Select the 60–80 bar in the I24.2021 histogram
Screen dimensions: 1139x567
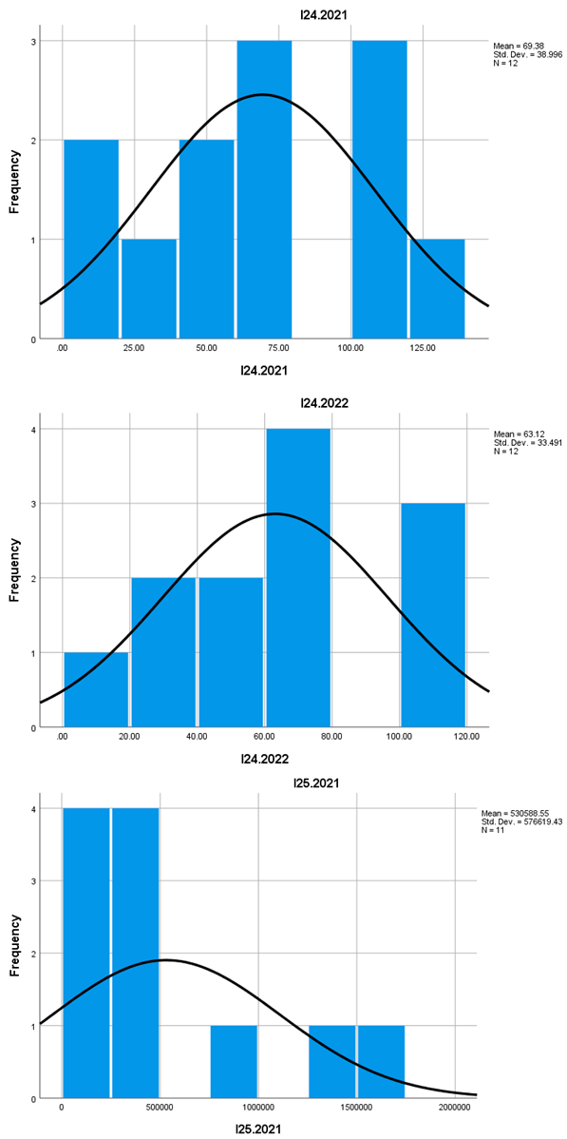point(264,190)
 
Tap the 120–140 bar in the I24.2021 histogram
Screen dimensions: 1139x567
point(437,289)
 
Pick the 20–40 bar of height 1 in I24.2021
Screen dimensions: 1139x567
point(149,289)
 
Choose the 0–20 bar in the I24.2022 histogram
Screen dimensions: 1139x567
point(96,690)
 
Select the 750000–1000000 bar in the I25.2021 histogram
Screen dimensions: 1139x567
point(234,1062)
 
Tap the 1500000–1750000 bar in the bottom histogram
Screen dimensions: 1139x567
point(381,1062)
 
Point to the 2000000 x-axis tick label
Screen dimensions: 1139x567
point(455,1108)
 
